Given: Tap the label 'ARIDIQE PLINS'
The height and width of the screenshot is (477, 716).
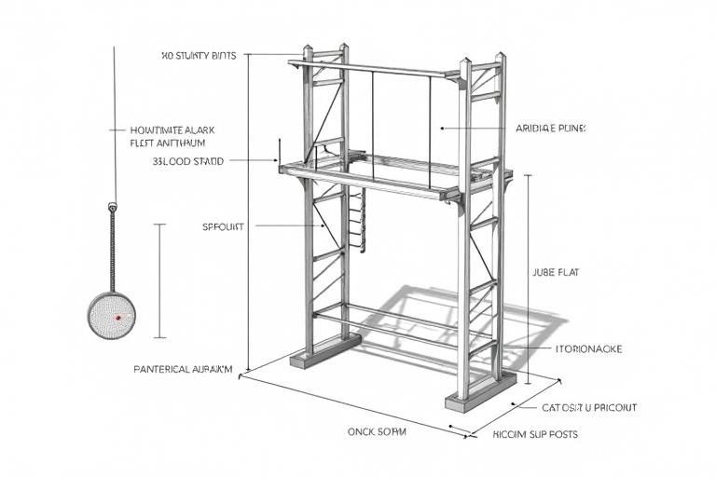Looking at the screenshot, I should click(551, 128).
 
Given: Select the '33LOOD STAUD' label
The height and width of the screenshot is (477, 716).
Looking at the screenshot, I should click(187, 161).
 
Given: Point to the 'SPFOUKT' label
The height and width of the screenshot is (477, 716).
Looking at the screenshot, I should click(223, 226).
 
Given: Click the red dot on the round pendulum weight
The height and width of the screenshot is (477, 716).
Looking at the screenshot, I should click(117, 318).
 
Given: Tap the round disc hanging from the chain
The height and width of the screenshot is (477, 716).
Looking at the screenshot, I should click(112, 315).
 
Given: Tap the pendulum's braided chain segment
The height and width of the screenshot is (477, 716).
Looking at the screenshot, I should click(112, 247).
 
